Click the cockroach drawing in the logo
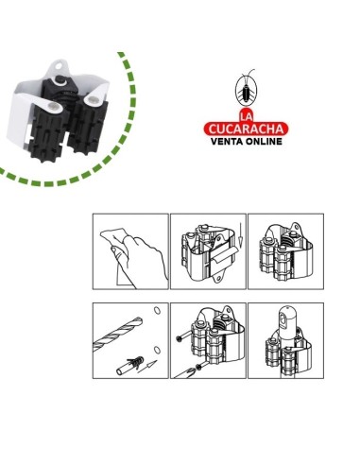click(246, 89)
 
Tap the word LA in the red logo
click(246, 116)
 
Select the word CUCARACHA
click(246, 129)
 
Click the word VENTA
click(227, 141)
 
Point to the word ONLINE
click(264, 141)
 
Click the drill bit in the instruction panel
click(117, 335)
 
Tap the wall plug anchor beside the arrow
click(130, 366)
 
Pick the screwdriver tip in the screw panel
click(186, 372)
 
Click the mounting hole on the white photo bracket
click(59, 66)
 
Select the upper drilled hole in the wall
click(157, 310)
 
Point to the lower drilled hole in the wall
click(157, 350)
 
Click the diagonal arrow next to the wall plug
click(146, 367)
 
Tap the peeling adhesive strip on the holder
click(222, 256)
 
